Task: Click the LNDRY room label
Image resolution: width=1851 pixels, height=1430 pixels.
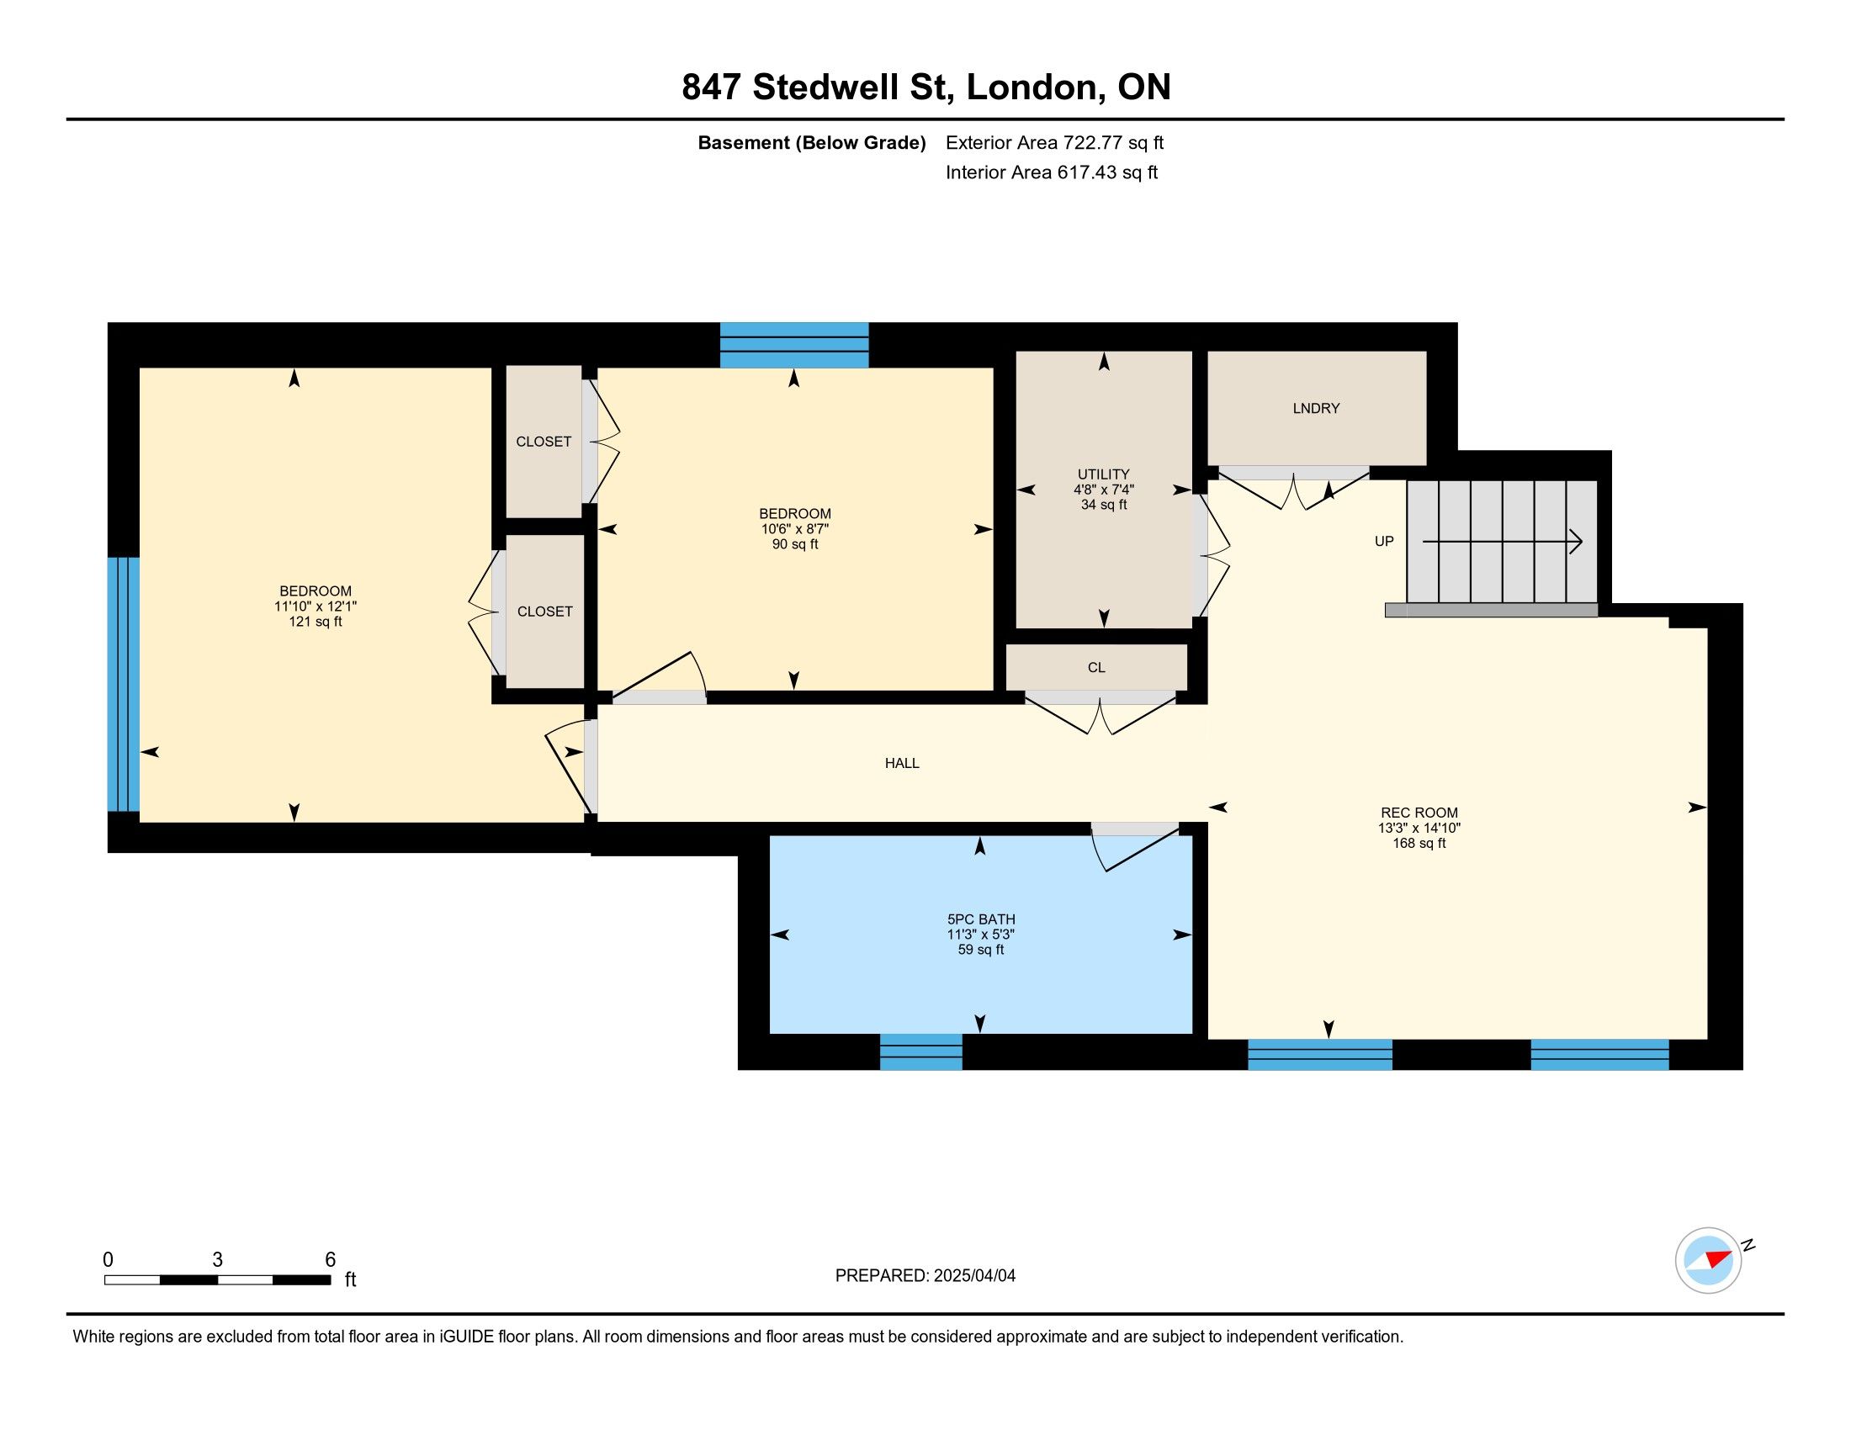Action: point(1316,408)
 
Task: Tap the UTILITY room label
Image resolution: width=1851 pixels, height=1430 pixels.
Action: point(1104,474)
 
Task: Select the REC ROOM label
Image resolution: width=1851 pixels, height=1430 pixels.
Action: point(1419,813)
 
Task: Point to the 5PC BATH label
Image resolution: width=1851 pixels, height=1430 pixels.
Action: point(980,919)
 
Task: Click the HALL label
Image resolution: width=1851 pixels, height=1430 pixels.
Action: point(902,763)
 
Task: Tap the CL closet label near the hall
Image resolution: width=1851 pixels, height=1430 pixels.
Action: point(1095,668)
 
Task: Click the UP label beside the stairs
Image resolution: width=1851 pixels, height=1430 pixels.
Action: point(1384,542)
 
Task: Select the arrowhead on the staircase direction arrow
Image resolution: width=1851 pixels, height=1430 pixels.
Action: point(1577,542)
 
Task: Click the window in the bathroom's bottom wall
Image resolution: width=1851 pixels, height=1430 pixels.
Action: point(920,1051)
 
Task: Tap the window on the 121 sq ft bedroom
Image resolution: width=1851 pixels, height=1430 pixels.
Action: point(124,684)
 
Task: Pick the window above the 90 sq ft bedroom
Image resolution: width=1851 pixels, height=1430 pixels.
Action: point(794,345)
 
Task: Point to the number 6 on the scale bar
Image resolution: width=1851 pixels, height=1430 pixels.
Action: point(331,1260)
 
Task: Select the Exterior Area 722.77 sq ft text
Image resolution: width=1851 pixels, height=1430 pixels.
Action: point(1055,143)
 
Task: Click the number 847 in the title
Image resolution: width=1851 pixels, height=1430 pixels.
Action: point(711,87)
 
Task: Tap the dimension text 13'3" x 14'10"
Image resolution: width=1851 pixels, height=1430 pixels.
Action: point(1419,828)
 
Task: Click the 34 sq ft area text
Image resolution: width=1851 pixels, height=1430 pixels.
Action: point(1104,505)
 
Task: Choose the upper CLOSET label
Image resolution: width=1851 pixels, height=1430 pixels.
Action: point(544,442)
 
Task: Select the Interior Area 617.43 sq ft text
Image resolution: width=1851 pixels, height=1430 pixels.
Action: point(1052,172)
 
